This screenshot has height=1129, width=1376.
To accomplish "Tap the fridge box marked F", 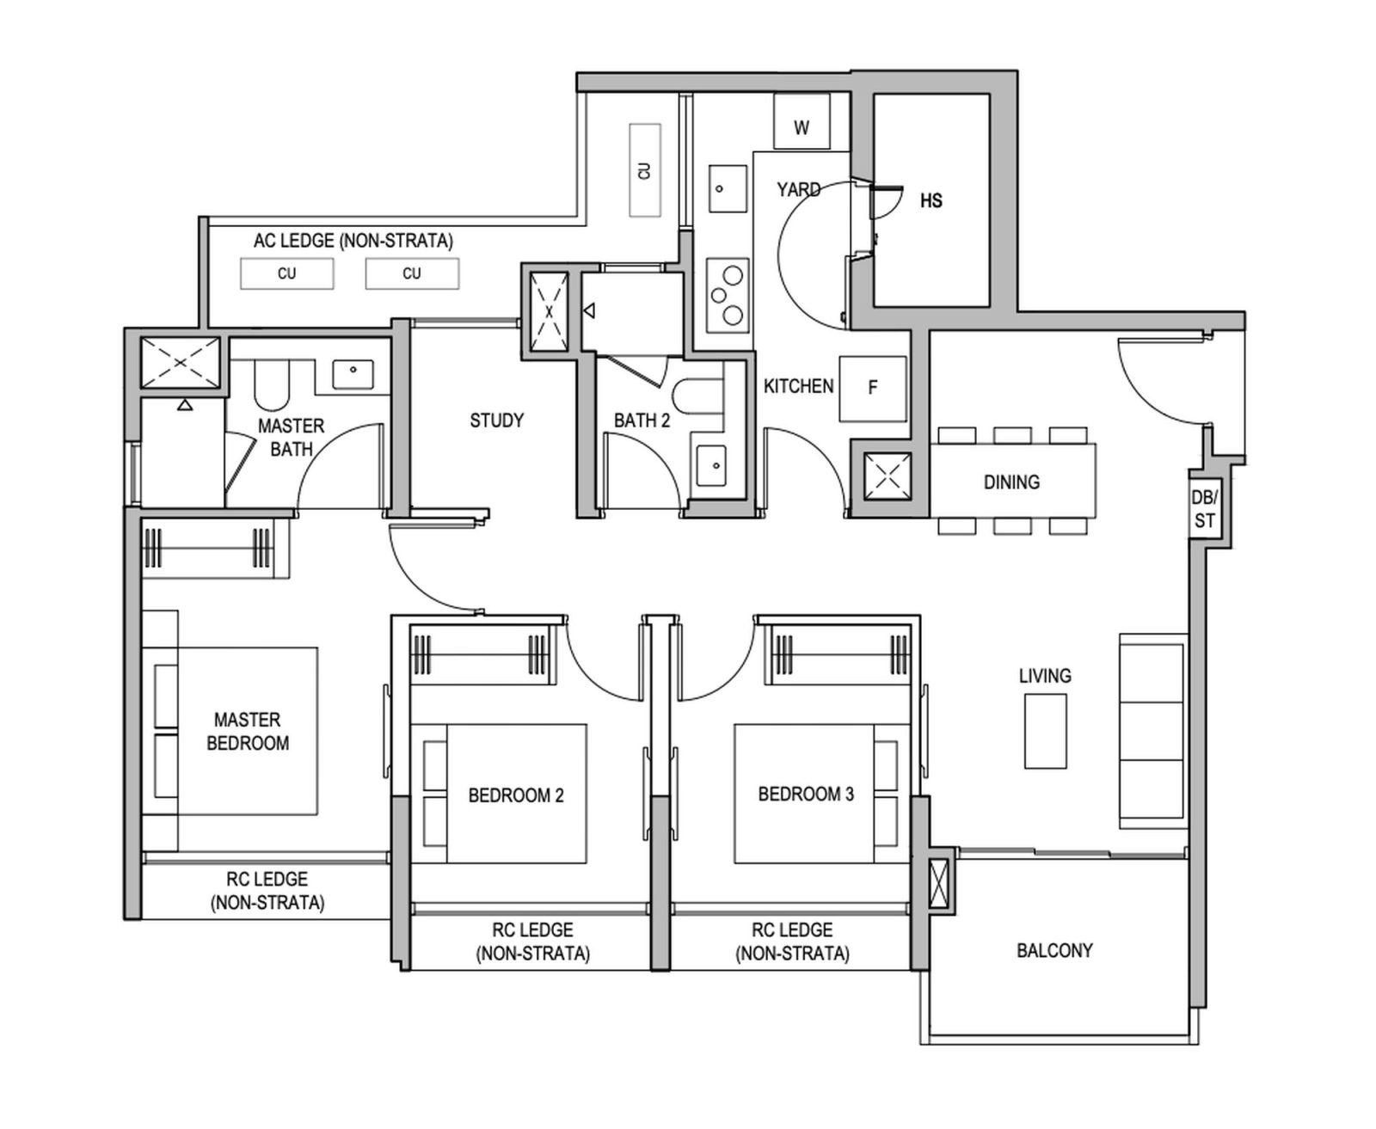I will [x=872, y=389].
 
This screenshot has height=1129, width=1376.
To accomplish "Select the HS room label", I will [x=931, y=201].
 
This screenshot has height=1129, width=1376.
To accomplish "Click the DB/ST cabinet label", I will [x=1204, y=510].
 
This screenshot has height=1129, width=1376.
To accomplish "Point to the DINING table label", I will [x=1011, y=482].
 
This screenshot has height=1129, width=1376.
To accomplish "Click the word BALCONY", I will [x=1054, y=950].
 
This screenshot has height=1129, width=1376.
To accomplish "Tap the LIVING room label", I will [x=1045, y=676].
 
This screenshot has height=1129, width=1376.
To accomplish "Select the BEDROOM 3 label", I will [x=806, y=795].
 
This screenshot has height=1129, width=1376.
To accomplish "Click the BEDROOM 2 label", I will [x=516, y=795].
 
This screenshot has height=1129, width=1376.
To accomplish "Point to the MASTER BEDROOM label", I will [x=248, y=731].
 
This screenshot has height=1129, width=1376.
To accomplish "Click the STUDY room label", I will [x=496, y=420].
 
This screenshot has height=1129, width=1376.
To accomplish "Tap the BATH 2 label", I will [x=642, y=420].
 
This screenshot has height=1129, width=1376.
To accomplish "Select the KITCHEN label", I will [x=798, y=387].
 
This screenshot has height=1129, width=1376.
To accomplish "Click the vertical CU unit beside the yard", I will [x=645, y=170].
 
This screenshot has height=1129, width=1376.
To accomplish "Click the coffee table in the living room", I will [x=1045, y=731].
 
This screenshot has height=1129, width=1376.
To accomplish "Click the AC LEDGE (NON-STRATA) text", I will [x=353, y=242].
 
